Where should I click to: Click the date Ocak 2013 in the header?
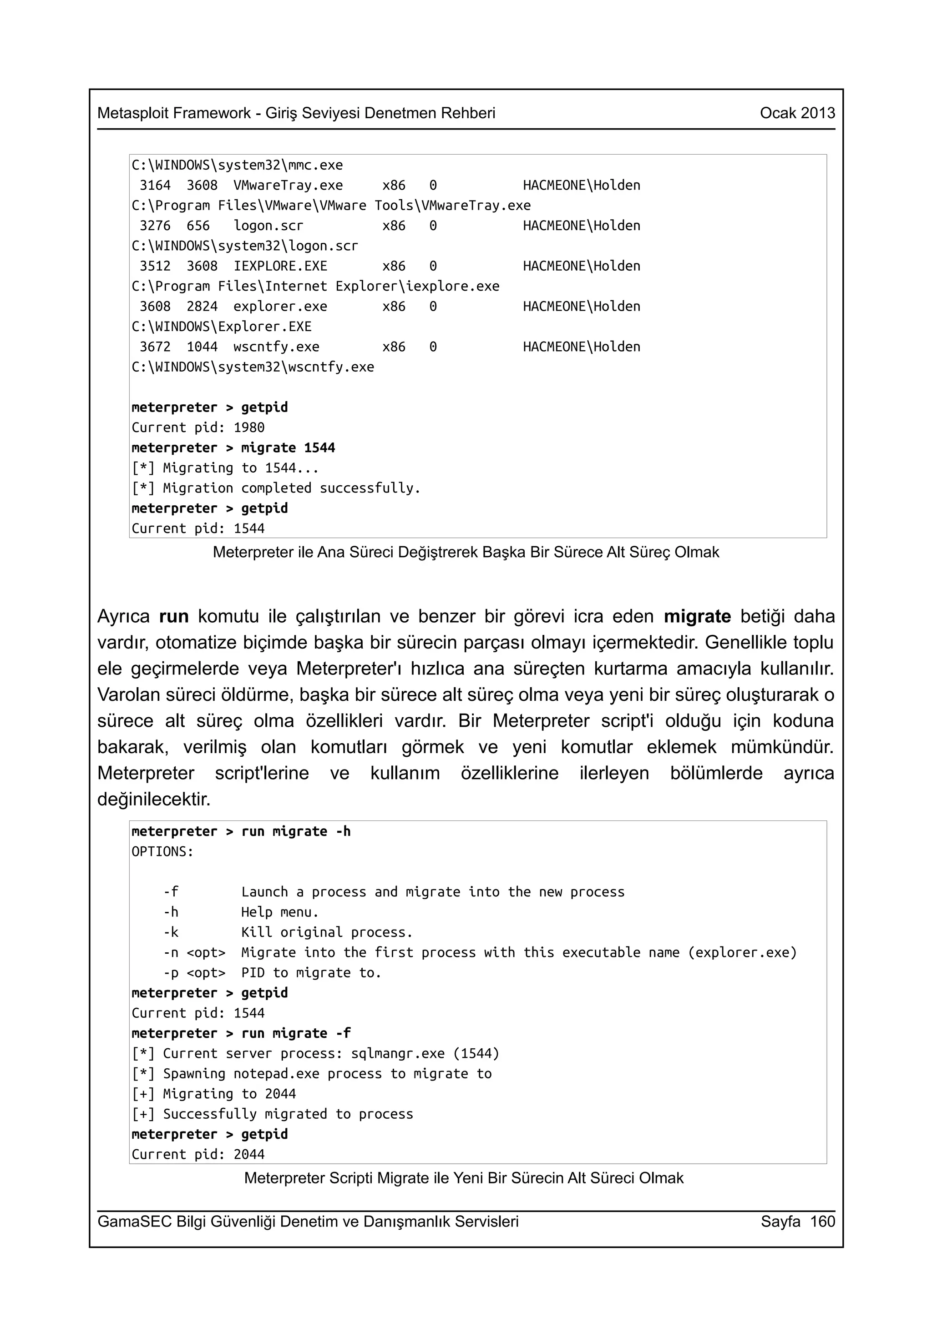click(x=797, y=113)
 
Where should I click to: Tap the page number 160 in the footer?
click(x=822, y=1221)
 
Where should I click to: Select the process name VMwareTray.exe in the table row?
click(x=288, y=186)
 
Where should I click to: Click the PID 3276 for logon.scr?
click(x=155, y=226)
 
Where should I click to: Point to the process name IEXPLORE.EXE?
click(x=280, y=266)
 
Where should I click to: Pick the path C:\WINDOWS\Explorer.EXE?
click(x=221, y=327)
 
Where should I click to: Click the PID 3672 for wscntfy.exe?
click(x=155, y=347)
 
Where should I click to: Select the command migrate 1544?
click(x=288, y=448)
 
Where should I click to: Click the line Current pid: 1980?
click(x=198, y=428)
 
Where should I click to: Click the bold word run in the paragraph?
click(x=173, y=617)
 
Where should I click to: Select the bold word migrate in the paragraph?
click(x=697, y=617)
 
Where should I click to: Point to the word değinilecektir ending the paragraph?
click(x=153, y=799)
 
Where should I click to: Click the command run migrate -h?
click(x=295, y=831)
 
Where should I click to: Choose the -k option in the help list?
click(x=171, y=932)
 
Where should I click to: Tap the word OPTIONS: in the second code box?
click(x=162, y=851)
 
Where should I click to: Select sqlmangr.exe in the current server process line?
click(x=397, y=1053)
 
